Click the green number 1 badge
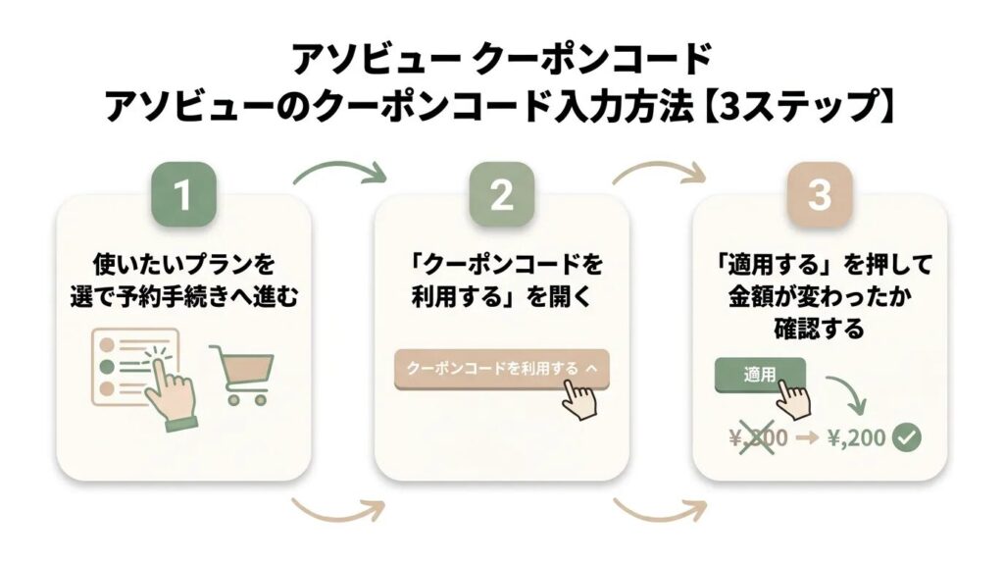183,195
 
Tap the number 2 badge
501,195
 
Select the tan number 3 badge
819,195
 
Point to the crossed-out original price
760,437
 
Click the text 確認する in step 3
819,328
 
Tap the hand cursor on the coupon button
585,396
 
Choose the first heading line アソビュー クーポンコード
501,59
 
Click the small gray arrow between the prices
806,437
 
